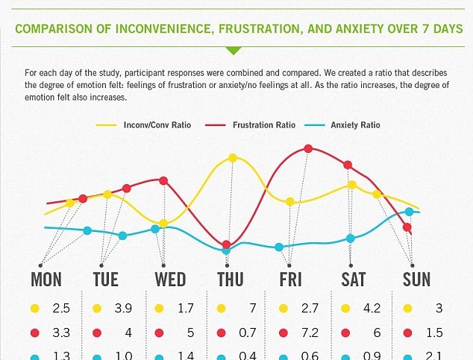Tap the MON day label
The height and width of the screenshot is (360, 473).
46,280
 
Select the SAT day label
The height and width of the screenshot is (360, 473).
353,280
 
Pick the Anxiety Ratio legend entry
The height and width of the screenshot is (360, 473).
354,124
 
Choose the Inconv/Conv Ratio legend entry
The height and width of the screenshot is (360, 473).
157,124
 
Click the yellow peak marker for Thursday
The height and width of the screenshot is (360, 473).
233,158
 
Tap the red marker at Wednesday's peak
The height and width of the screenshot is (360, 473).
163,180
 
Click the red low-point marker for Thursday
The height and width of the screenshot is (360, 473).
227,242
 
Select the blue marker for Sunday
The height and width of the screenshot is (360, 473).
409,212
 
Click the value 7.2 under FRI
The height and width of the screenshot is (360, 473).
310,332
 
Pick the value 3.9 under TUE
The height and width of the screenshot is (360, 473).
124,308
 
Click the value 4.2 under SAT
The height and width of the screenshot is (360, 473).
372,308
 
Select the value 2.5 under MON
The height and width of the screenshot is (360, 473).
61,308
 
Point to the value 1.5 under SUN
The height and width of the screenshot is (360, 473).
434,332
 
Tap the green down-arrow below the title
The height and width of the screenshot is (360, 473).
234,50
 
